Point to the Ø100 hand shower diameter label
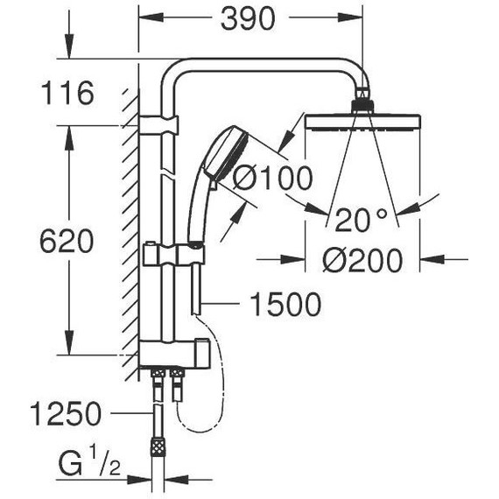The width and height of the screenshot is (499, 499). tap(272, 179)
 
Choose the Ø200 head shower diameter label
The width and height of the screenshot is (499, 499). tap(361, 260)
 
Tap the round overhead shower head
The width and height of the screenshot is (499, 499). tap(362, 120)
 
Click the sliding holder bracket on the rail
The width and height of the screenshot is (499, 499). tap(175, 255)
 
